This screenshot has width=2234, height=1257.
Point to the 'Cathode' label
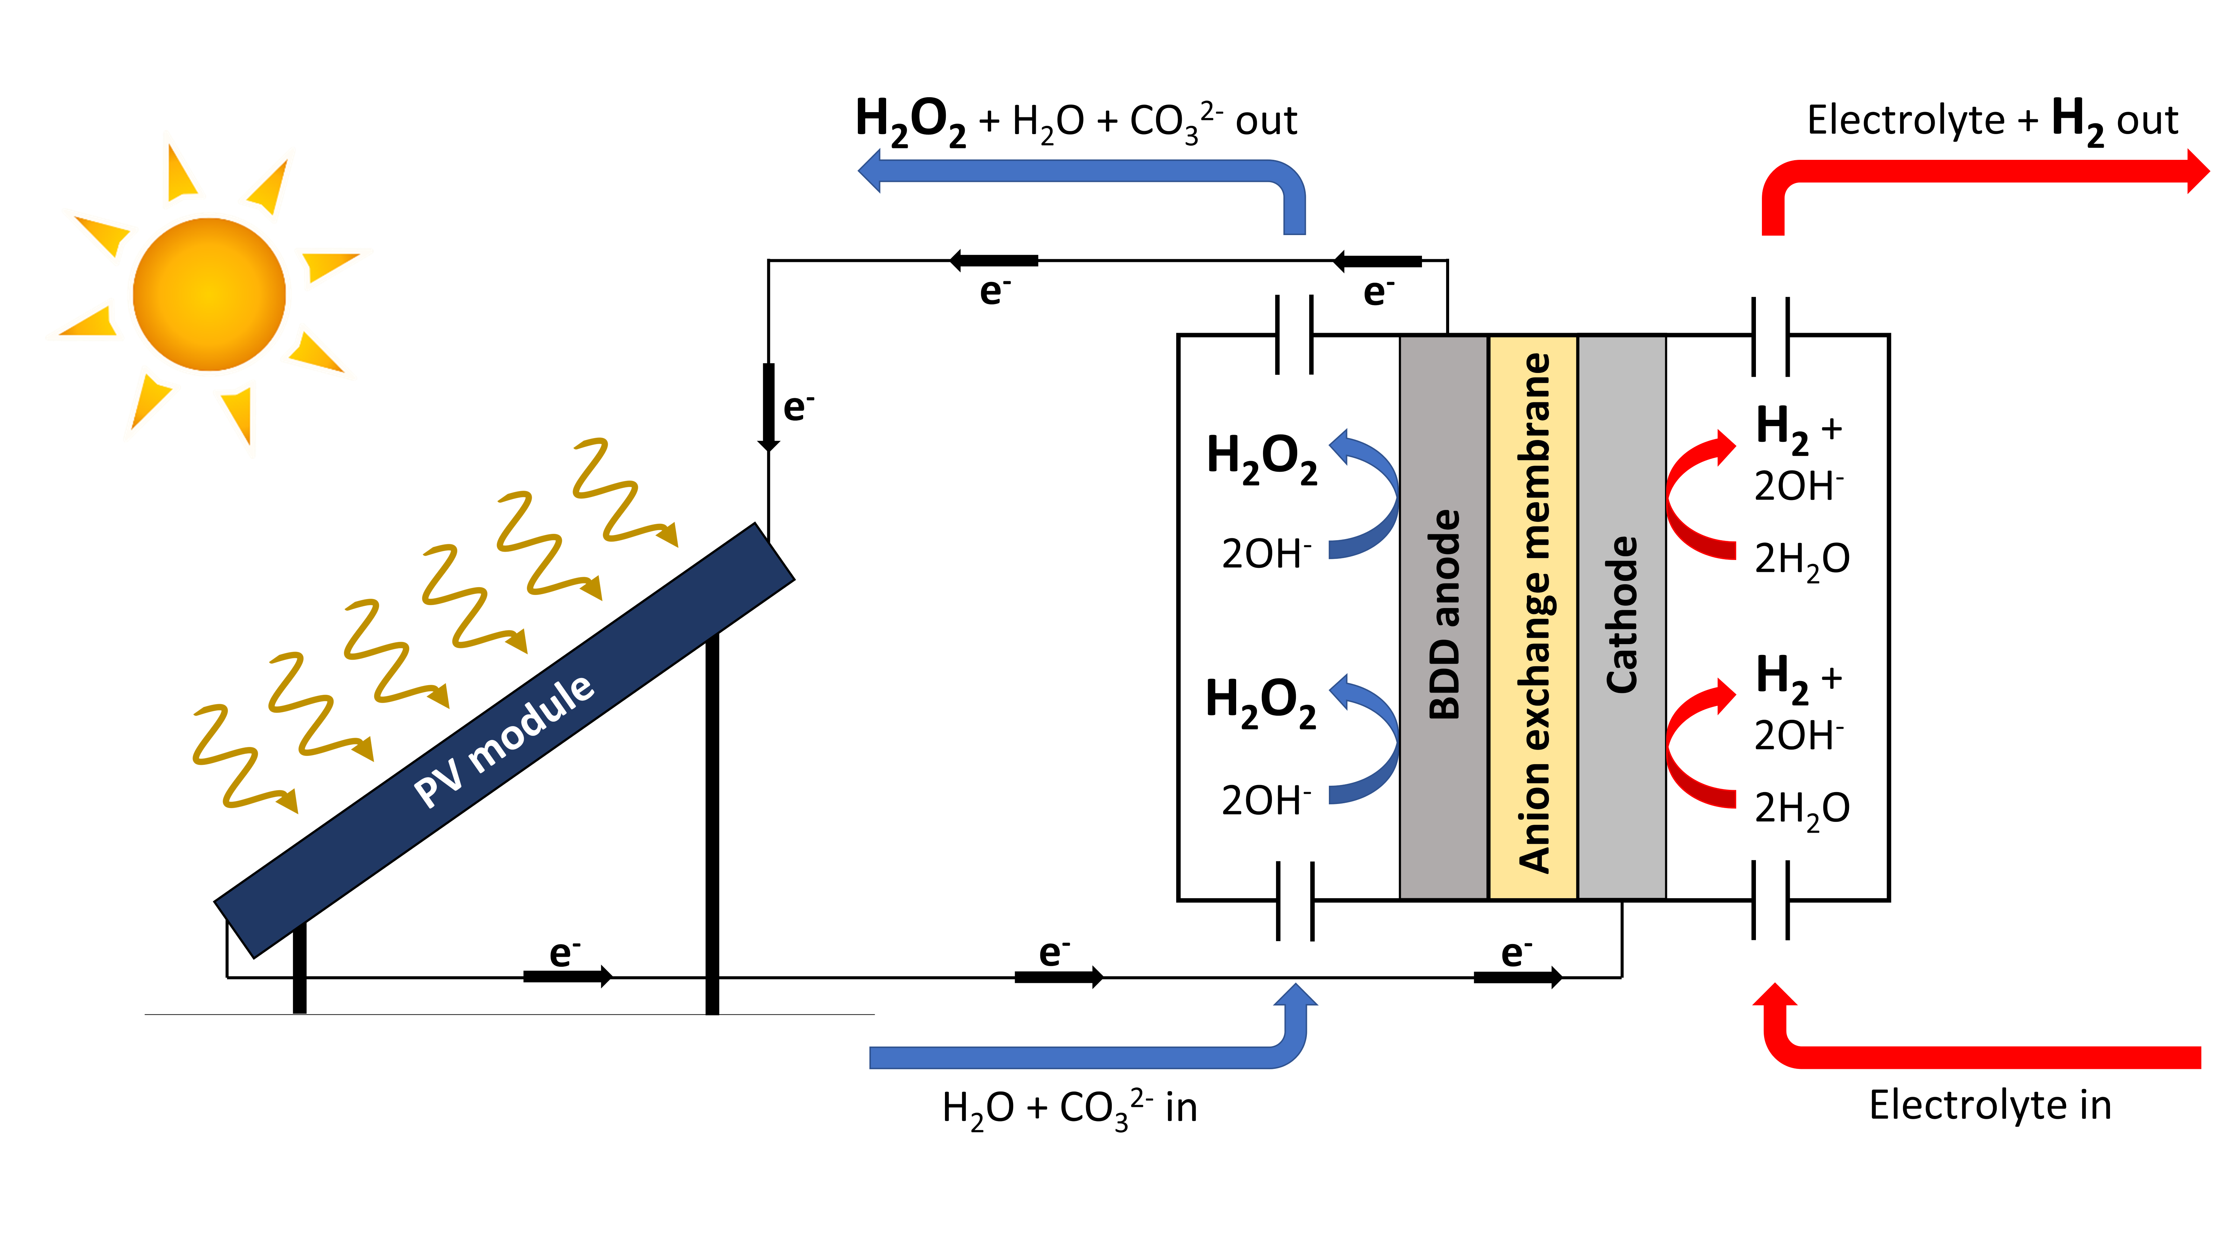click(x=1622, y=614)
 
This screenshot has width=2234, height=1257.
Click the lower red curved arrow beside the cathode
click(x=1696, y=742)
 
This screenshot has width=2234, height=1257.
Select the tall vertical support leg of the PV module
click(x=712, y=824)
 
